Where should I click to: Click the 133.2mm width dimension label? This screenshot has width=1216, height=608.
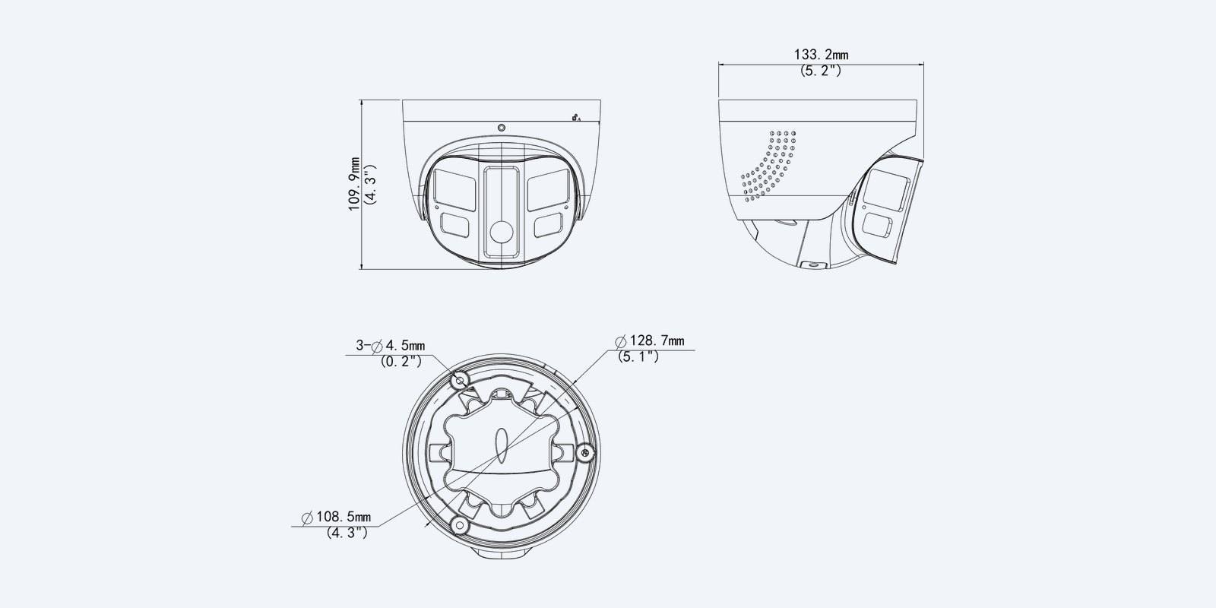[821, 55]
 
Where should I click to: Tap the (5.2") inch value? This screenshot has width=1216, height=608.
[821, 71]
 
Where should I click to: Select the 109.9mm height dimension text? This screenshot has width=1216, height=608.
[354, 184]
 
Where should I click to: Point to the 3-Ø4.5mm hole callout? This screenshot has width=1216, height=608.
[391, 345]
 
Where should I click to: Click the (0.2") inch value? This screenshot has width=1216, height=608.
[401, 362]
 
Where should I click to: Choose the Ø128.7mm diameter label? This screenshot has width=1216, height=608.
[650, 341]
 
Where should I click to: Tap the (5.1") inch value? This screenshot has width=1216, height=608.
[638, 356]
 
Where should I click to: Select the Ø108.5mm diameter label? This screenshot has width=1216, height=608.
[337, 517]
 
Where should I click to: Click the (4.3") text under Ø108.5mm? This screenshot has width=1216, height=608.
[347, 533]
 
